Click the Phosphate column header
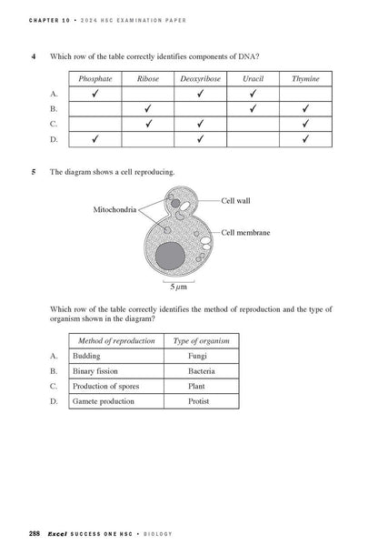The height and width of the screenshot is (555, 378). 95,79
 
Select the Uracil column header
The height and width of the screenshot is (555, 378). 253,79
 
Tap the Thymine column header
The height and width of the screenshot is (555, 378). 305,79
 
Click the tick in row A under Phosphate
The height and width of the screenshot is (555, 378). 95,94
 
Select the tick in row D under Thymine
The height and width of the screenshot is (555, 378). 305,138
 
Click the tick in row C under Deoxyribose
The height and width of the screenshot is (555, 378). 200,123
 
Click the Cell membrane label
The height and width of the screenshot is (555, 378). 246,234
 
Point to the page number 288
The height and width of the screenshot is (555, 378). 34,531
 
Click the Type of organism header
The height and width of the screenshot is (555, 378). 201,340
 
